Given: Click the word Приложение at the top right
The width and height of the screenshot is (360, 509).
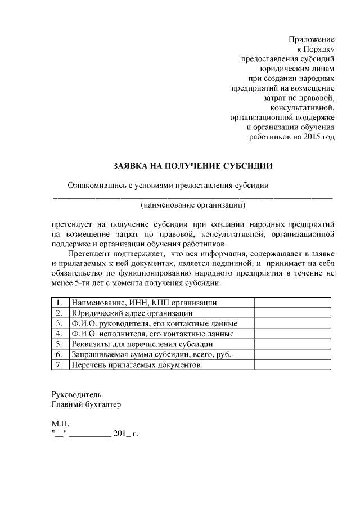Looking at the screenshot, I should tap(311, 39).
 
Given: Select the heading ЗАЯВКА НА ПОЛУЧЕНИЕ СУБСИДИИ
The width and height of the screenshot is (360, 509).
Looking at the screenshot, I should tap(193, 166).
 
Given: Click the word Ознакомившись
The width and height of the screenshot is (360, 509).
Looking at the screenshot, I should tap(97, 185).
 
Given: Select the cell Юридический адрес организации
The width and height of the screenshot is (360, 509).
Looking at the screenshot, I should tap(132, 313).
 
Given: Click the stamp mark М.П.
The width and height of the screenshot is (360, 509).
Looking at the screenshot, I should tap(59, 423).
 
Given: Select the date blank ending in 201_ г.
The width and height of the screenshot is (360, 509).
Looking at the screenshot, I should tap(94, 433).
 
